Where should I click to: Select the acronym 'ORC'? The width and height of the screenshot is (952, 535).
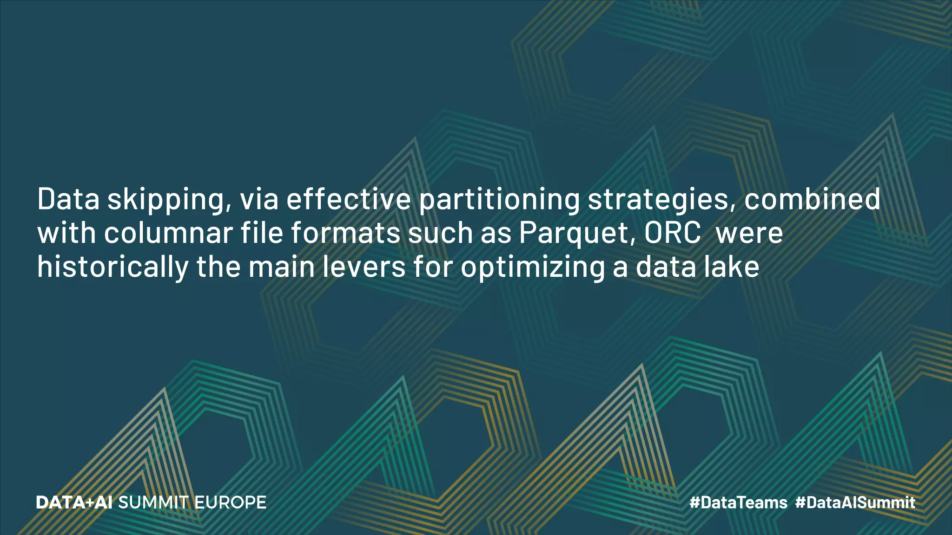coord(672,233)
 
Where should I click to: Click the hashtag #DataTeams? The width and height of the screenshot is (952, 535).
coord(738,502)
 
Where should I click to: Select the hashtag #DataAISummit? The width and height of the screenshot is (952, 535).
coord(855,502)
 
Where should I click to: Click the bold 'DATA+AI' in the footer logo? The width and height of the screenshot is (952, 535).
coord(74,502)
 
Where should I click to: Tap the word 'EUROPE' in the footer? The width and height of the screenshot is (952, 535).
coord(230,502)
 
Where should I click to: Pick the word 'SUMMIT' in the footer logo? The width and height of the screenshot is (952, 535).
coord(153,502)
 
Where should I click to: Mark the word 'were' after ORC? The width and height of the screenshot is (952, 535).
coord(749,234)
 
